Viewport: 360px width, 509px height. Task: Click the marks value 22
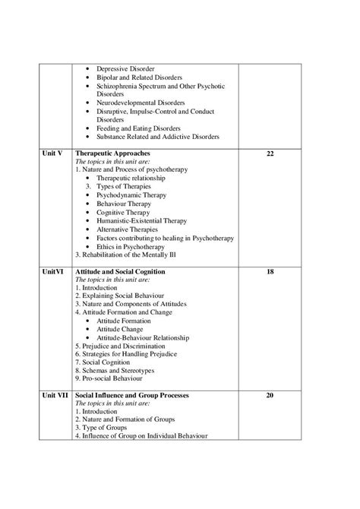coord(270,153)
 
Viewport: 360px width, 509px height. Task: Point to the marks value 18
coord(270,271)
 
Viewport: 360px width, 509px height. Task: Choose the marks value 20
coord(270,396)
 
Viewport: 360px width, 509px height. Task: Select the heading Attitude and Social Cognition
coord(131,271)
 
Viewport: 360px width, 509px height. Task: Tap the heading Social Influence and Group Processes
coord(143,396)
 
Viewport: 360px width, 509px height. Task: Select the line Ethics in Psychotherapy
coord(135,246)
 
